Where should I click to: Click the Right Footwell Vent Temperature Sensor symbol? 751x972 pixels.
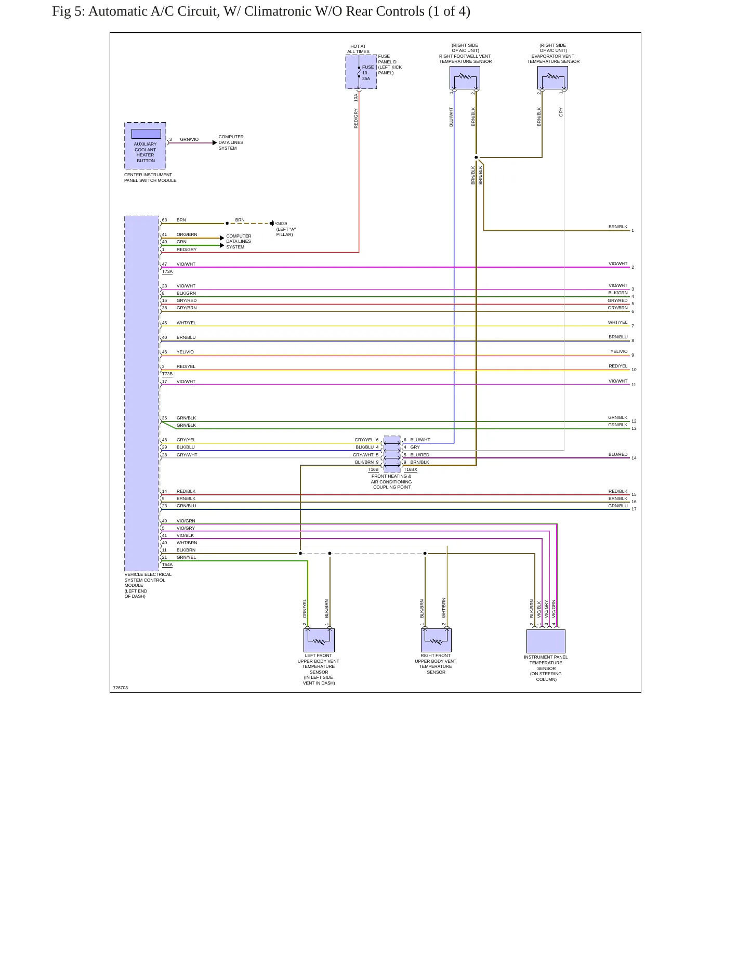465,77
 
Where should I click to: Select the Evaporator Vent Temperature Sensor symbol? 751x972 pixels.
552,77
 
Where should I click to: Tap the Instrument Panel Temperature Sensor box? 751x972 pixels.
546,641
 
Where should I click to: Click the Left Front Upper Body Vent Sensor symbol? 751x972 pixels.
319,640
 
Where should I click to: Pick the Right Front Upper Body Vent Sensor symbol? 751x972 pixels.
436,640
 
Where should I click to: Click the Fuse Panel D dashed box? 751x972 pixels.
361,72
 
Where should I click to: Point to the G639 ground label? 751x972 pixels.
282,224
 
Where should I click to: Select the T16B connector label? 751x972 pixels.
373,469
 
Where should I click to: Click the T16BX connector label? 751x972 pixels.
411,469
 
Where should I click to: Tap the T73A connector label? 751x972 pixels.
167,271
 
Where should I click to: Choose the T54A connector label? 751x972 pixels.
167,564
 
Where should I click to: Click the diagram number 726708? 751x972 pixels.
121,688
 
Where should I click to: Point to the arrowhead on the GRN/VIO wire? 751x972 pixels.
215,143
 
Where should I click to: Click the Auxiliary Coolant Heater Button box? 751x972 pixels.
145,146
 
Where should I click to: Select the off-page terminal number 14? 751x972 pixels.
634,458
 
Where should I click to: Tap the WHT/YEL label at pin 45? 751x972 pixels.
186,323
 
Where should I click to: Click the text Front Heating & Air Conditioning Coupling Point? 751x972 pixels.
392,481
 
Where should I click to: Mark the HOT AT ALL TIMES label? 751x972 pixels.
358,49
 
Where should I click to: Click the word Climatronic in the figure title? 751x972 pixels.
278,11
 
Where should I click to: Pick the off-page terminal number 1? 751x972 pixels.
633,230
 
